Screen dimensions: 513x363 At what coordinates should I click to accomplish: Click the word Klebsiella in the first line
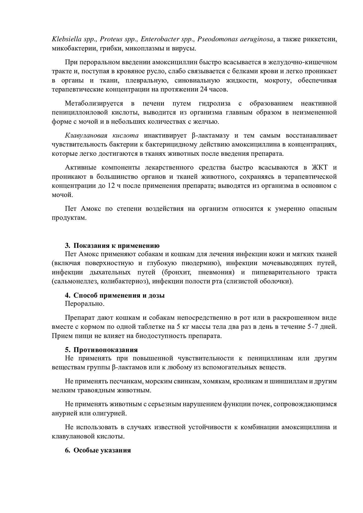[x=65, y=39]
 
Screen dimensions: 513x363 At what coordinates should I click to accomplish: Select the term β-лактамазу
[x=208, y=135]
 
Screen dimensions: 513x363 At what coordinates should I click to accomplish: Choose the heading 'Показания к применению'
[x=116, y=245]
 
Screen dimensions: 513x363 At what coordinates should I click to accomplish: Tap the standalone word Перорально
[x=85, y=304]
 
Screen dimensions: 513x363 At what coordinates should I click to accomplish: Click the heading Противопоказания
[x=105, y=350]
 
